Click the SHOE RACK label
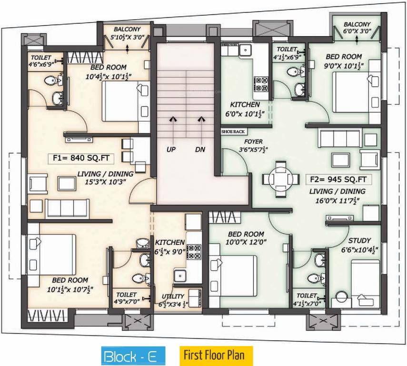[233, 132]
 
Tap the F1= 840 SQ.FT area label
[81, 158]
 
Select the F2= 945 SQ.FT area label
[338, 179]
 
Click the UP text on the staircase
[171, 150]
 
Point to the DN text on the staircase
[200, 150]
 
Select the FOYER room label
[253, 142]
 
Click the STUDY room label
[359, 241]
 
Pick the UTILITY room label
[173, 296]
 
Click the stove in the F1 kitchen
[194, 252]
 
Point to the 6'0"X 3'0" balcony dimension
[357, 31]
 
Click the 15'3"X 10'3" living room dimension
[105, 182]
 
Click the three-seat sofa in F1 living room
[67, 209]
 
